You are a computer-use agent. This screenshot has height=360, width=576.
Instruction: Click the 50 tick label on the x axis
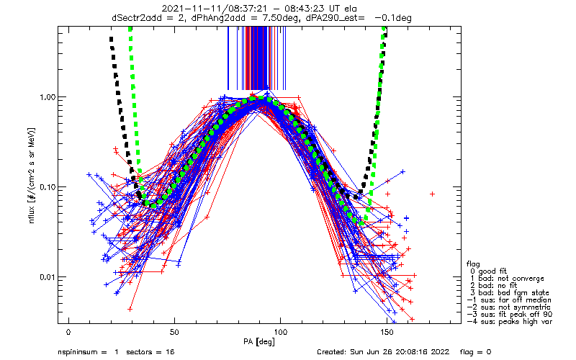coord(174,332)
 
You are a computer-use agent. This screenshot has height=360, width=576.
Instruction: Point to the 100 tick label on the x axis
coord(280,332)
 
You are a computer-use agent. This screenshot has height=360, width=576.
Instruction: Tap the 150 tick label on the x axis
coord(387,332)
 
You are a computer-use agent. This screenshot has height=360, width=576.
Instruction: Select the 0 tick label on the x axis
coord(68,332)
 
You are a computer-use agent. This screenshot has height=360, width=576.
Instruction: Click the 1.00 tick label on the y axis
coord(47,97)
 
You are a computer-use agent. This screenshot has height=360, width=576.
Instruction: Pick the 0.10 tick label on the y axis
coord(47,187)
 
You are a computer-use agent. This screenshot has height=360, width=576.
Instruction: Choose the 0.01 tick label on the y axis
coord(47,276)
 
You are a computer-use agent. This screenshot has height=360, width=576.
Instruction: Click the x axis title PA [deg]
coord(259,342)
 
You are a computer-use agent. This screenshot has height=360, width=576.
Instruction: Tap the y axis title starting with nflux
coord(32,176)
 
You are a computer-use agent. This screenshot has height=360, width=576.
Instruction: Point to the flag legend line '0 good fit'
coord(488,271)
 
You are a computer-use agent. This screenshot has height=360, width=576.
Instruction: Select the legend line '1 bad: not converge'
coord(507,279)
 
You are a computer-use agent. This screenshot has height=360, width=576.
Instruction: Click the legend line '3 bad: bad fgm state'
coord(510,293)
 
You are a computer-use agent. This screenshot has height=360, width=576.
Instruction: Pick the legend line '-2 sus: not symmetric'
coord(509,307)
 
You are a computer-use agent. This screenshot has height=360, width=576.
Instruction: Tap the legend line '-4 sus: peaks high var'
coord(510,321)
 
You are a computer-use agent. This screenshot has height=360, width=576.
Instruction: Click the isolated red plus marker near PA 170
coord(433,194)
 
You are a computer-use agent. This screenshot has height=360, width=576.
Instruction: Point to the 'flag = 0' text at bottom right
coord(475,352)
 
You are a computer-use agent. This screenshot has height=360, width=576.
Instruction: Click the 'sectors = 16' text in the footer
coord(150,352)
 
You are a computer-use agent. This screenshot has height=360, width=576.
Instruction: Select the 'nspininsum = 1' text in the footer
coord(88,352)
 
